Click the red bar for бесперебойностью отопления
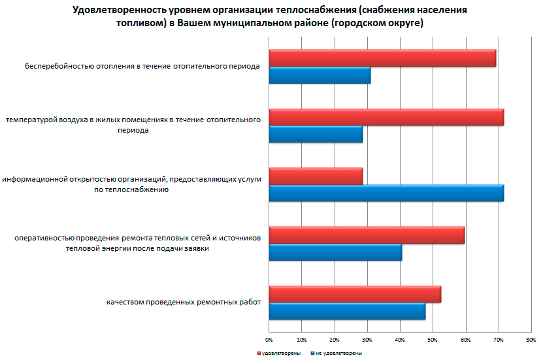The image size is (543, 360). [x=382, y=58]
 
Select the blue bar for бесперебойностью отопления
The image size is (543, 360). [x=320, y=76]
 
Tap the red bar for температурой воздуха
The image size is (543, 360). [x=386, y=117]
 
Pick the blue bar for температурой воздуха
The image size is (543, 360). [x=316, y=135]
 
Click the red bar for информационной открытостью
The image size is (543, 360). [x=316, y=176]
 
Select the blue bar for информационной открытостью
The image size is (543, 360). [x=386, y=193]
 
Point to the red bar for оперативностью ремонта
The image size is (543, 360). [x=367, y=235]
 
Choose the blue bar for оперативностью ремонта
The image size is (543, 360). [x=335, y=252]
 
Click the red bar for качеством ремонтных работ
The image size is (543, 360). [x=355, y=295]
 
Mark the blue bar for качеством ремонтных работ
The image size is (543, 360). [x=347, y=312]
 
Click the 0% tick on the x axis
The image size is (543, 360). [x=269, y=340]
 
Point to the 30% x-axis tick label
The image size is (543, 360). [x=367, y=340]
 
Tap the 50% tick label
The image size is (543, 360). [x=433, y=340]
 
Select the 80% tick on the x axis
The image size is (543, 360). [x=531, y=340]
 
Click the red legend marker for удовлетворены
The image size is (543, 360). [x=258, y=353]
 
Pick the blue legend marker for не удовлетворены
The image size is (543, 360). [x=312, y=353]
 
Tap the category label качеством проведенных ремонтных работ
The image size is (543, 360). [x=183, y=303]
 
